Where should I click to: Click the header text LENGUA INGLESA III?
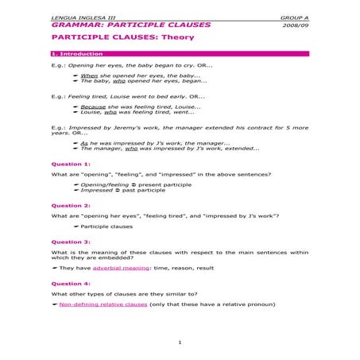pos(75,17)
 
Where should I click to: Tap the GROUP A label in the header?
pos(295,17)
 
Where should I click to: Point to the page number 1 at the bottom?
pos(180,343)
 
